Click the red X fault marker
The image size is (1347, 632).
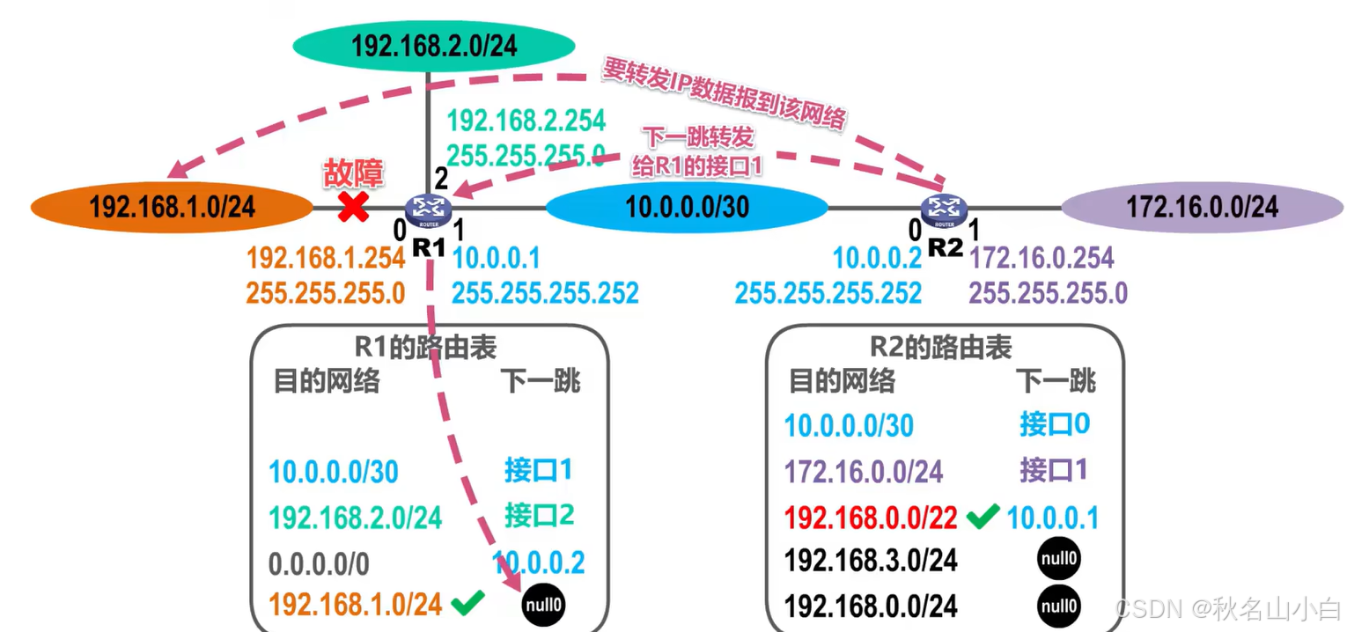coord(354,208)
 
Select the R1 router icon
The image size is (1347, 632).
coord(429,209)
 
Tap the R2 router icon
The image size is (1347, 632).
coord(943,209)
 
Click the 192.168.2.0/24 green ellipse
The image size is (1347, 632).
coord(433,46)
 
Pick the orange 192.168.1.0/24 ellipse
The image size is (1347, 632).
coord(172,208)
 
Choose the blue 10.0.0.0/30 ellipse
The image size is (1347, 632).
coord(687,208)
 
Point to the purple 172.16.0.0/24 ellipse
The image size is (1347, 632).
coord(1202,208)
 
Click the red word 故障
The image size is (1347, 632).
coord(354,173)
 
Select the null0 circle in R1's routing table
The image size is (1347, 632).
coord(543,605)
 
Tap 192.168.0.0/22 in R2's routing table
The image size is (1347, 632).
coord(870,518)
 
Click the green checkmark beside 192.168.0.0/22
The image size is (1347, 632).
coord(982,517)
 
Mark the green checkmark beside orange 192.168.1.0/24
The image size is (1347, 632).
coord(467,604)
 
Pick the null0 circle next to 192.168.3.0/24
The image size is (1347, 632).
coord(1057,560)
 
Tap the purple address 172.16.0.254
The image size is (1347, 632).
coord(1042,258)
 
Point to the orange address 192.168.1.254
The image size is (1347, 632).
coord(326,258)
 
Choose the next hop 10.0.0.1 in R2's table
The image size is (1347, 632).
coord(1053,518)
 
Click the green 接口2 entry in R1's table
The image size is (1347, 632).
coord(539,515)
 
